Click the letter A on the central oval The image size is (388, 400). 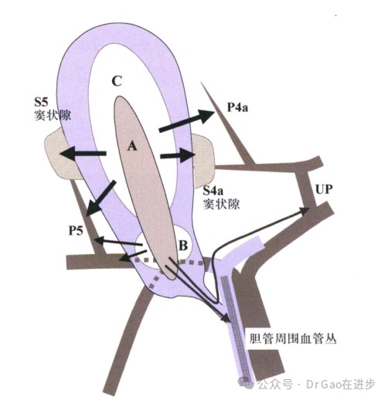point(132,147)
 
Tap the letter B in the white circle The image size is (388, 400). point(183,245)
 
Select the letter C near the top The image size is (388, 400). point(117,81)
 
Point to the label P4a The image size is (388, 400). point(237,107)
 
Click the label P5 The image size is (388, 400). point(76,230)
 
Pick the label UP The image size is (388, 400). point(324,189)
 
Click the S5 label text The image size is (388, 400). point(42,102)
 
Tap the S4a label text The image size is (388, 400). point(213,191)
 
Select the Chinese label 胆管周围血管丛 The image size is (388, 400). point(293,338)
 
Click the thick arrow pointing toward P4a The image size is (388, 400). point(187,120)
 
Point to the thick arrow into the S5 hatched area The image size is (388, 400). point(83,154)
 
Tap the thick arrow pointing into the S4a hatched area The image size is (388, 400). point(178,155)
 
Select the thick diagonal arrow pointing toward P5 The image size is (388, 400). point(100,198)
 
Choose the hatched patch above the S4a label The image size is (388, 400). point(203,160)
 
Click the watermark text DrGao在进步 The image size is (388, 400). point(341,385)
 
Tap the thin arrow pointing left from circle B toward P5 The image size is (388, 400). point(118,242)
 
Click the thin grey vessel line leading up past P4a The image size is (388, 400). point(228,124)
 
